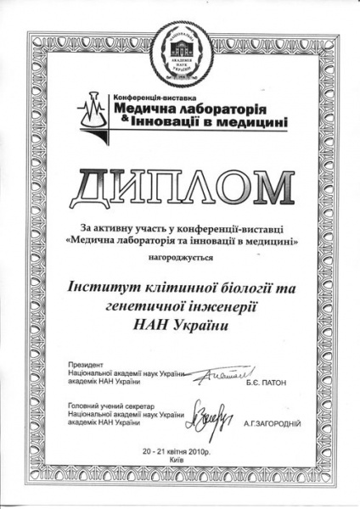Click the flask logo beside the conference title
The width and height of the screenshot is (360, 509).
[91, 113]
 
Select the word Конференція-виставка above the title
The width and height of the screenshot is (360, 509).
[147, 99]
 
